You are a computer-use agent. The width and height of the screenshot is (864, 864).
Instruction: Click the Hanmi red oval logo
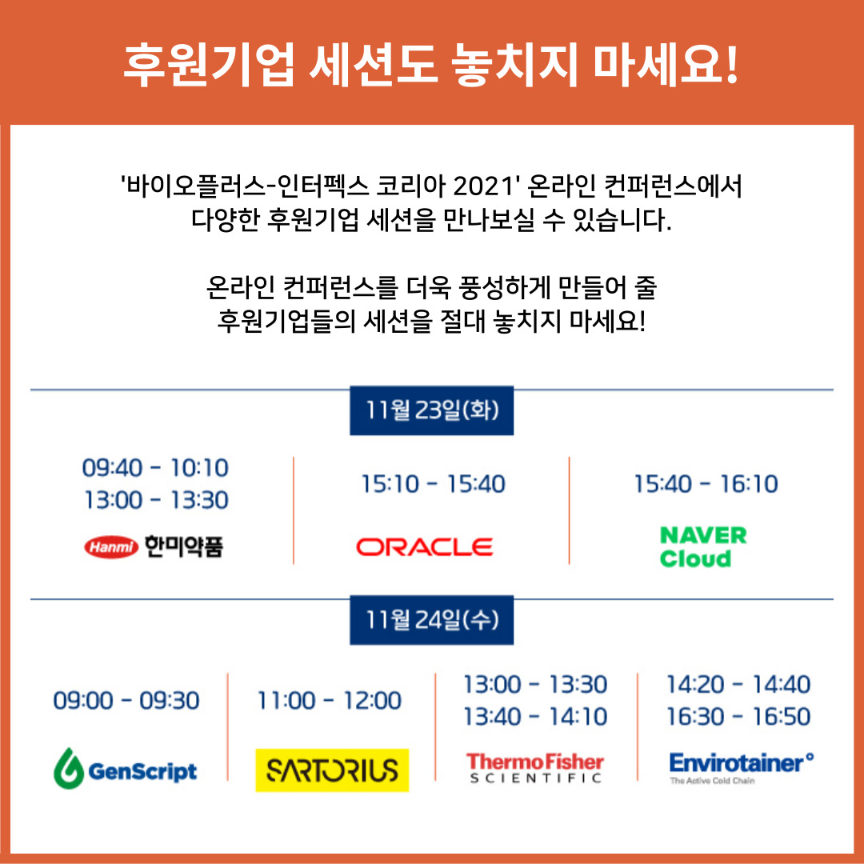pos(111,546)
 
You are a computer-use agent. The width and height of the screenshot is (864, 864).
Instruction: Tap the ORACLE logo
pos(424,547)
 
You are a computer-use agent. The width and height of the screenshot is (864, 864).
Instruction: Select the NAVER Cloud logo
pos(703,546)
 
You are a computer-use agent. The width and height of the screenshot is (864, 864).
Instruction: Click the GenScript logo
pos(125,769)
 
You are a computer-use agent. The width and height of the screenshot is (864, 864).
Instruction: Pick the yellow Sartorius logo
pos(332,770)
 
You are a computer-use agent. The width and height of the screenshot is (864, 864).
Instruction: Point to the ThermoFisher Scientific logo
pos(535,767)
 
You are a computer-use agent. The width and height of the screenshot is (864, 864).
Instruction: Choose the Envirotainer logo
pos(741,767)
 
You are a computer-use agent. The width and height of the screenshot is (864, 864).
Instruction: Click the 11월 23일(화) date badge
pos(432,410)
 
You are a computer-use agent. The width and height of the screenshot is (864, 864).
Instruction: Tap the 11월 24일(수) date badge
pos(432,620)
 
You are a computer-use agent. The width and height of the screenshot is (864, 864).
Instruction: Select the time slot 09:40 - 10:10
pos(155,468)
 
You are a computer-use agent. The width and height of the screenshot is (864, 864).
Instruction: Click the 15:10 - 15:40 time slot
pos(433,484)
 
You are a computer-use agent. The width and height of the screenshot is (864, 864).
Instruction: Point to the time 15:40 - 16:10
pos(706,484)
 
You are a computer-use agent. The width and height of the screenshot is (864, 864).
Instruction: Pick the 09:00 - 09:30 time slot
pos(126,700)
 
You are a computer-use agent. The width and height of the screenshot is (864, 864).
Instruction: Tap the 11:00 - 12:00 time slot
pos(330,700)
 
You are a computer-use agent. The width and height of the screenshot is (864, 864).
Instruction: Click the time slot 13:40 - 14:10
pos(535,716)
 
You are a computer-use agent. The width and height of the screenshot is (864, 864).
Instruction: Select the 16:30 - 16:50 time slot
pos(738,716)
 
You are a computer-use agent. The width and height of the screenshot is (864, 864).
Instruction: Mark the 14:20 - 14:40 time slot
pos(738,684)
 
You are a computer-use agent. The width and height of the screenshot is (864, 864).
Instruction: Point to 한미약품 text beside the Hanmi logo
pos(184,546)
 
